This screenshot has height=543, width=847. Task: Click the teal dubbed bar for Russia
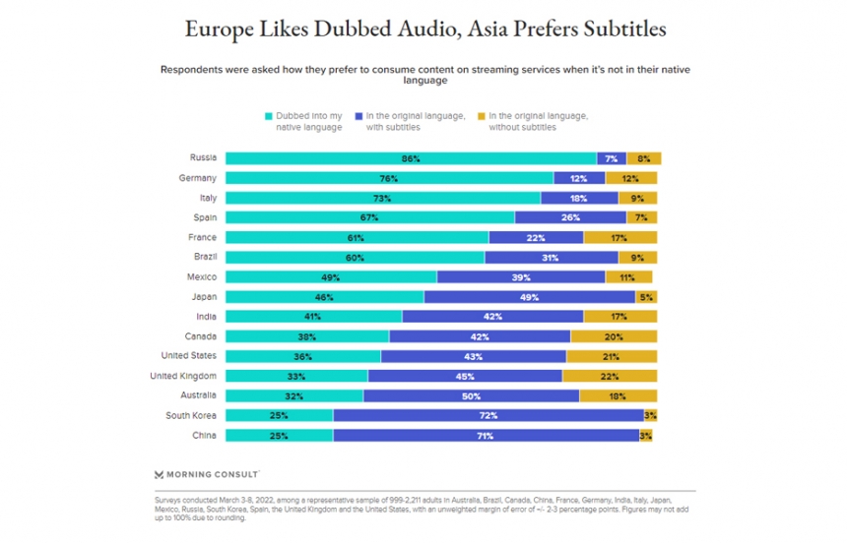click(x=411, y=158)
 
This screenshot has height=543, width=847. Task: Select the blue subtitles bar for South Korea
click(x=489, y=415)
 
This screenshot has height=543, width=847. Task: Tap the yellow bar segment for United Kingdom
click(x=610, y=376)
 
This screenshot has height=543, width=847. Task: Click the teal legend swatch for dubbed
click(x=268, y=116)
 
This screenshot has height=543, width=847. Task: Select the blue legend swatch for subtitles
click(x=361, y=116)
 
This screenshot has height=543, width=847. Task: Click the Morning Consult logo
click(x=207, y=473)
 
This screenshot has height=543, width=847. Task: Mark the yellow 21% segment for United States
click(x=612, y=356)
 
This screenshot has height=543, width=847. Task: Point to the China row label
click(x=205, y=435)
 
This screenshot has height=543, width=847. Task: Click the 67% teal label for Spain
click(x=370, y=217)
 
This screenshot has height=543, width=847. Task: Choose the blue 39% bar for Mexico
click(x=521, y=277)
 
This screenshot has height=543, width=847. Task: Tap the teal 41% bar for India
click(x=313, y=317)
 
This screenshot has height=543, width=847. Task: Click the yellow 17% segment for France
click(x=620, y=237)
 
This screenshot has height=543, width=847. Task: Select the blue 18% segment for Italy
click(x=579, y=198)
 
